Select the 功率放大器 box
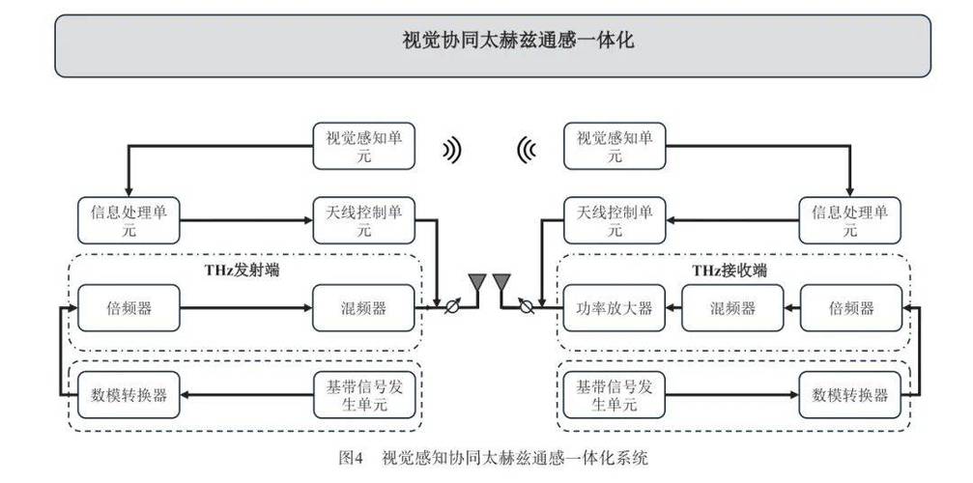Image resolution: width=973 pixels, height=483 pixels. [x=608, y=309]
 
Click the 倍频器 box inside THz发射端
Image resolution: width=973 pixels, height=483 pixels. [x=129, y=309]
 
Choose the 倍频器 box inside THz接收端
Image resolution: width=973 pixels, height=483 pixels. [x=850, y=309]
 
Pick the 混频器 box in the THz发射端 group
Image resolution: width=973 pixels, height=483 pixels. [x=364, y=309]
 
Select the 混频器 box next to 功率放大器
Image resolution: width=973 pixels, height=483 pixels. [x=731, y=309]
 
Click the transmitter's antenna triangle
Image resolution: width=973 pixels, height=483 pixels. [x=476, y=281]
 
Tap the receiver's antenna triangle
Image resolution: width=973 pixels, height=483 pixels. [x=501, y=281]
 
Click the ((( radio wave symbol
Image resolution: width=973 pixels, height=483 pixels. [x=527, y=150]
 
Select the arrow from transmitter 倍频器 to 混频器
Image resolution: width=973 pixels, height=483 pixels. [x=245, y=309]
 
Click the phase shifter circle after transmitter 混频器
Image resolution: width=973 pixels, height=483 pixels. [x=446, y=309]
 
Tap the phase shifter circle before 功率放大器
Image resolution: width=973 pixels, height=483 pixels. [x=527, y=309]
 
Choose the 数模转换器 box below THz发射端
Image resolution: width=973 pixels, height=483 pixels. [x=129, y=394]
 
